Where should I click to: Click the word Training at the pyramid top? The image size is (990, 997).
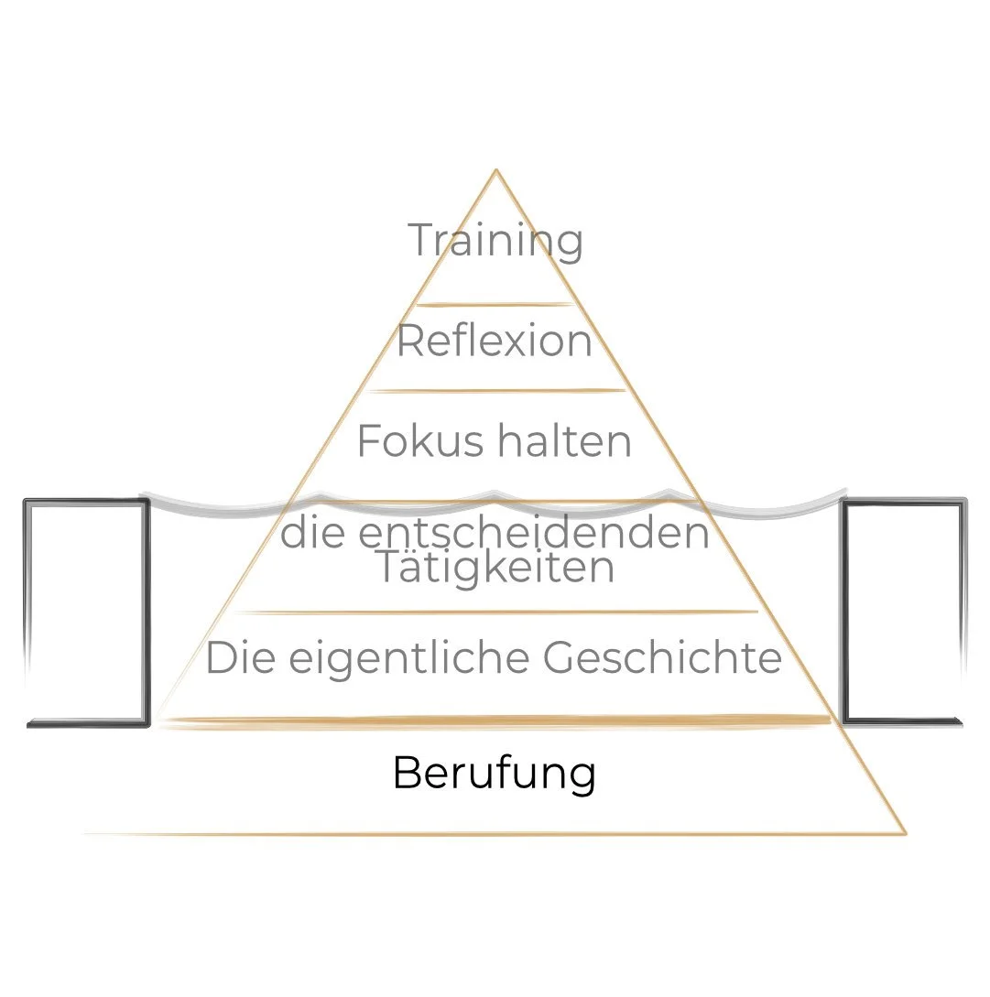[x=495, y=241]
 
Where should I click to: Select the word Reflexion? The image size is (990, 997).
[x=495, y=341]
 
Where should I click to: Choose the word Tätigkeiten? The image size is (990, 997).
[x=495, y=568]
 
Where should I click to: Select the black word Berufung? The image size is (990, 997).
[x=495, y=774]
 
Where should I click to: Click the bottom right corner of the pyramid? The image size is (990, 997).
[x=905, y=833]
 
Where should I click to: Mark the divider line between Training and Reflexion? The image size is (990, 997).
[x=495, y=305]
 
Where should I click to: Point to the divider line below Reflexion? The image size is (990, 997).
[x=495, y=391]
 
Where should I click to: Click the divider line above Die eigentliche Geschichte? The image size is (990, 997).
[x=495, y=612]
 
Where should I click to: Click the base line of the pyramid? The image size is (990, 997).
[x=495, y=834]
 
